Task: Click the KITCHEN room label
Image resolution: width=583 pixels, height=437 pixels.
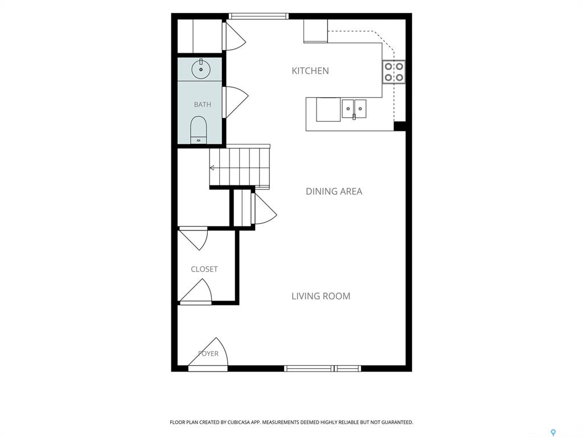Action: (x=310, y=71)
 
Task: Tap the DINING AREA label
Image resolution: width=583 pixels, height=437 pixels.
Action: (x=334, y=191)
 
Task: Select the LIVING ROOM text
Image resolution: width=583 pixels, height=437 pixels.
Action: (x=321, y=296)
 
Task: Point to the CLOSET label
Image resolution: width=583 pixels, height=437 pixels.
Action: (x=204, y=269)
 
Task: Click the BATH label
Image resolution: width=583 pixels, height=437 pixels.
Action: (x=203, y=105)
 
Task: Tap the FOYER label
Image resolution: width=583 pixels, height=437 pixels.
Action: (x=208, y=353)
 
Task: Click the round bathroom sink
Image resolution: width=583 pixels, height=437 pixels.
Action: (x=201, y=69)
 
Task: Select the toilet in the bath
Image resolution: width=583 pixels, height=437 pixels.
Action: (x=199, y=130)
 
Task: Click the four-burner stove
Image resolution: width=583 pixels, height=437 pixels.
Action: (x=394, y=72)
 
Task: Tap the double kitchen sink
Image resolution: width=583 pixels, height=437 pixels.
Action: (x=354, y=109)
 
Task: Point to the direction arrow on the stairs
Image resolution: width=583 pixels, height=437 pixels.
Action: (x=212, y=168)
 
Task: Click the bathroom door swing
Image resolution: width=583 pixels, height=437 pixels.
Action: (x=235, y=102)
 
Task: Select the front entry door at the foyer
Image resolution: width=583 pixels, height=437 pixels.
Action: (x=208, y=354)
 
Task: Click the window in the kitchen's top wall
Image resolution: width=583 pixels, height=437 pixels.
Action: (x=258, y=16)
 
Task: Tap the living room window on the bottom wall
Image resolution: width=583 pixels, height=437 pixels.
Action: (x=322, y=368)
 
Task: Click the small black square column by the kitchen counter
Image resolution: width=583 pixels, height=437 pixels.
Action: (x=400, y=126)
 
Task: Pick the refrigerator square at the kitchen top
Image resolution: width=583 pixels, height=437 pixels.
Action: (x=315, y=31)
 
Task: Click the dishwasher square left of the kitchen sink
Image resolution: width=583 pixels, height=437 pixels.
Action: (x=329, y=109)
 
